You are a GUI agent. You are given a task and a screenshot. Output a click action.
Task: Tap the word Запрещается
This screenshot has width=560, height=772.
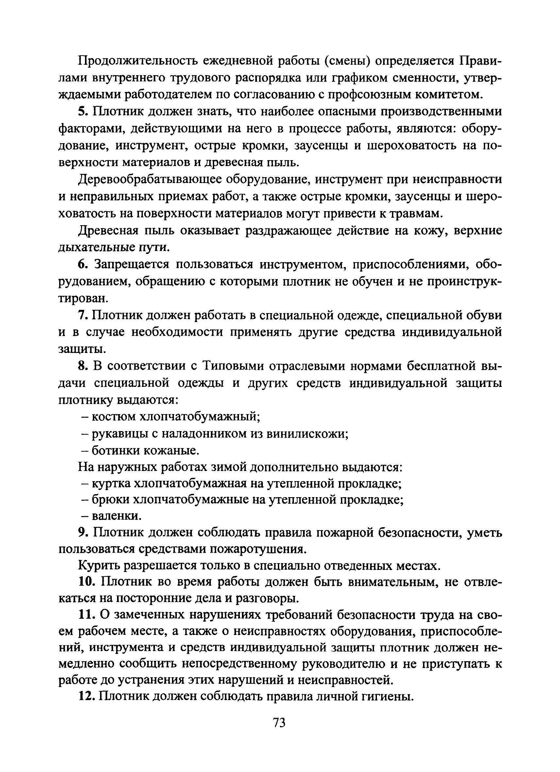131,264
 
